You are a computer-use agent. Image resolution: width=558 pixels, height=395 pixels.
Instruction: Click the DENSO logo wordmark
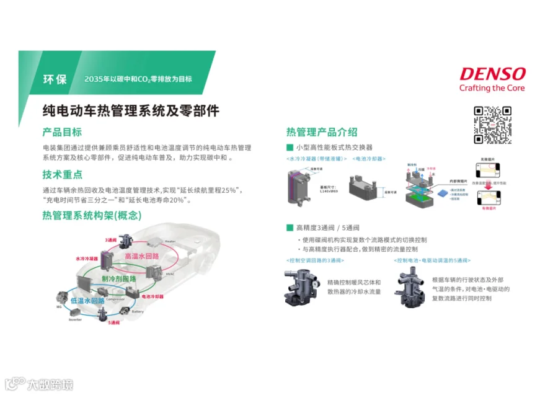[492, 74]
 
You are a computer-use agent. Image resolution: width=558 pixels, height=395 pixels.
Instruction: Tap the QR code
[492, 125]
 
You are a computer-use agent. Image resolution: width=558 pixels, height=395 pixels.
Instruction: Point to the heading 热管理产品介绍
[321, 132]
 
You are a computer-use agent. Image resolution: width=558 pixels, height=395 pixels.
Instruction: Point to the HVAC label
[170, 273]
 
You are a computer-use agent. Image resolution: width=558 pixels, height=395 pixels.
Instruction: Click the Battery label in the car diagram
[137, 311]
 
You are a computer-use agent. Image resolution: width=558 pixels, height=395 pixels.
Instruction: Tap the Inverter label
[74, 320]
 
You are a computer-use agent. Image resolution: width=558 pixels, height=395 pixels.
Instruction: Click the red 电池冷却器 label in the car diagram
[153, 296]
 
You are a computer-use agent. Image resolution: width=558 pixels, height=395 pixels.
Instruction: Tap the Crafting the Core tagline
[492, 88]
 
